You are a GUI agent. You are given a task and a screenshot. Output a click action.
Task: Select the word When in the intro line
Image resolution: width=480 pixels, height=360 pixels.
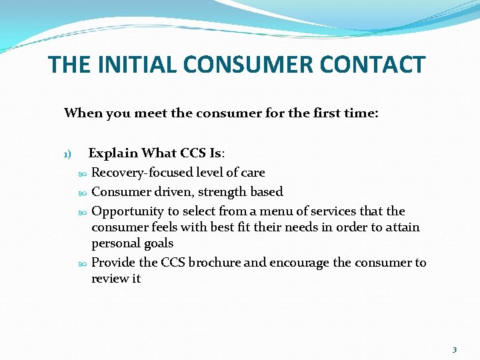pyautogui.click(x=80, y=113)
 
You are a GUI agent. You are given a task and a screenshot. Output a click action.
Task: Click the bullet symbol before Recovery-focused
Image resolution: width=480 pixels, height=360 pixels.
pyautogui.click(x=83, y=173)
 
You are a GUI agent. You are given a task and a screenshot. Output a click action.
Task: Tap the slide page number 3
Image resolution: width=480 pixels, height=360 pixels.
pyautogui.click(x=455, y=350)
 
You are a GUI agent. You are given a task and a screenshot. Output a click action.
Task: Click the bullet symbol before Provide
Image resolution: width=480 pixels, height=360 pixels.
pyautogui.click(x=83, y=263)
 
